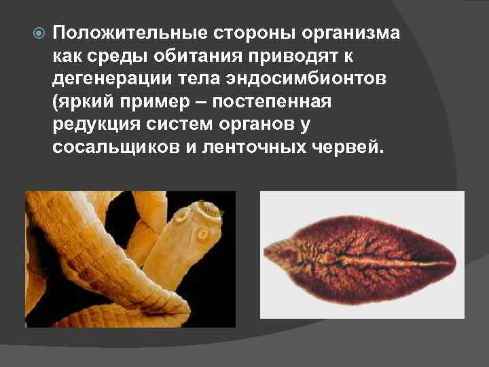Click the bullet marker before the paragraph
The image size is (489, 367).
(x=39, y=33)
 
